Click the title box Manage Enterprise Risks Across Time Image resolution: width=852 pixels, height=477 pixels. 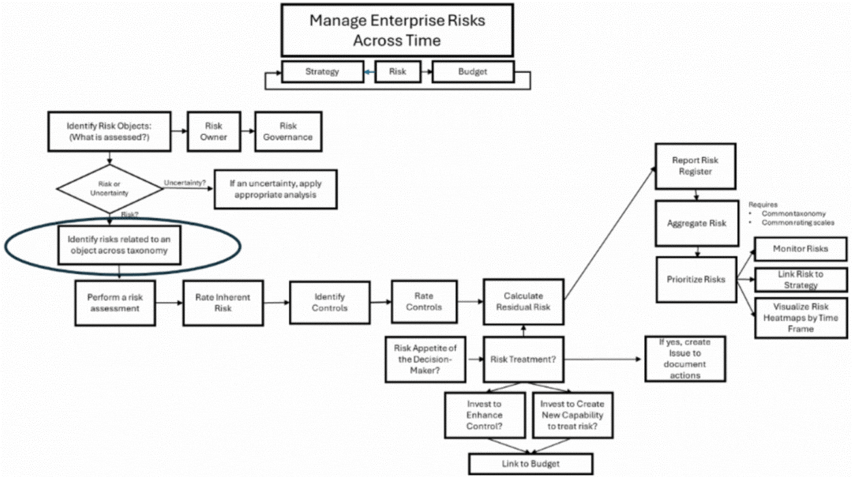[x=397, y=30]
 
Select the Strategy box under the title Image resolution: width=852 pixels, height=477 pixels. [x=322, y=72]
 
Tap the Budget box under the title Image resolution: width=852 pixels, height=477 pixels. [x=472, y=72]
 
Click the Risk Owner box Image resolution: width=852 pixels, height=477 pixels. [x=215, y=132]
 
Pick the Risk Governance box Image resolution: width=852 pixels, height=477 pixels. [x=288, y=132]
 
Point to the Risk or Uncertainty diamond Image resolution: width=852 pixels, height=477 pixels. [x=108, y=189]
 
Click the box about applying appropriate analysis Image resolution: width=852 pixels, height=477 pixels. [x=275, y=189]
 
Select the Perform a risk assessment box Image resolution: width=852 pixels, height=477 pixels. [x=113, y=303]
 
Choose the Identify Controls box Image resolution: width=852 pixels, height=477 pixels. [x=330, y=303]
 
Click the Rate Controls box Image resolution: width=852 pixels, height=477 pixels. [x=423, y=301]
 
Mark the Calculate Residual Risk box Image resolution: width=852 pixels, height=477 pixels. [x=523, y=301]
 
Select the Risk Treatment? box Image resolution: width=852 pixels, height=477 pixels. [x=523, y=359]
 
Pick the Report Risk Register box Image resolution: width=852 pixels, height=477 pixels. [x=695, y=166]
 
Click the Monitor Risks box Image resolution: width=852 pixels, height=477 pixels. [x=800, y=249]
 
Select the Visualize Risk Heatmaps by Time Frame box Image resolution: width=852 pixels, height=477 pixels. [x=800, y=317]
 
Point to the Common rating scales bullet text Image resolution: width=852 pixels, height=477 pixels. [x=797, y=222]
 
